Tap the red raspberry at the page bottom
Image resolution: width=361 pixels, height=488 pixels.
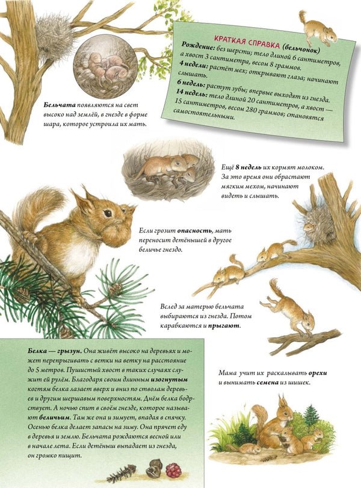pyautogui.click(x=173, y=471)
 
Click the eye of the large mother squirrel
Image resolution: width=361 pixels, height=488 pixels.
pyautogui.click(x=108, y=213)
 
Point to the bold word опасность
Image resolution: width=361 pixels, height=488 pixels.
pyautogui.click(x=196, y=231)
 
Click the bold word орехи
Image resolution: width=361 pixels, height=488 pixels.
pyautogui.click(x=318, y=373)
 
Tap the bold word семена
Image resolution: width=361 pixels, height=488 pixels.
pyautogui.click(x=267, y=383)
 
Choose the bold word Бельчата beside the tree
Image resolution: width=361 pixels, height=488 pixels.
pyautogui.click(x=60, y=105)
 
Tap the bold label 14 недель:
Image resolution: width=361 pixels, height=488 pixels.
pyautogui.click(x=190, y=93)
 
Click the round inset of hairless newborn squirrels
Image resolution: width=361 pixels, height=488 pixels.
pyautogui.click(x=105, y=66)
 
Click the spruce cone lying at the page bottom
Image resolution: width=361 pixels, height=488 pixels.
pyautogui.click(x=122, y=474)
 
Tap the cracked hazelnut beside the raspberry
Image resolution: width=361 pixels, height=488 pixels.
pyautogui.click(x=154, y=469)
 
